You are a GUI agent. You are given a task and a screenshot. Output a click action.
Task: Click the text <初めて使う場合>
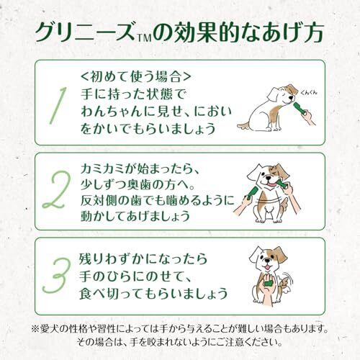pos(136,76)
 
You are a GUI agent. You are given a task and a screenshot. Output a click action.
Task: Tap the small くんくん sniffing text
pos(309,92)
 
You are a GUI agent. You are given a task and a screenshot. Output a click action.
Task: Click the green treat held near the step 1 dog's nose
pos(300,109)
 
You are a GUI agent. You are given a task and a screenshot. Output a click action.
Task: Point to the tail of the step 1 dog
pos(244,125)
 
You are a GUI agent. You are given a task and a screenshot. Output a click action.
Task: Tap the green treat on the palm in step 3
pos(269,282)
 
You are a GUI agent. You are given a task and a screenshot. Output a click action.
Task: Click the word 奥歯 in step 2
pos(140,185)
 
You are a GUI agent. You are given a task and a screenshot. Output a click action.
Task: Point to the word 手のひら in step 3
pos(112,276)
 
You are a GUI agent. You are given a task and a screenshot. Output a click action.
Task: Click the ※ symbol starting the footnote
pos(36,329)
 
